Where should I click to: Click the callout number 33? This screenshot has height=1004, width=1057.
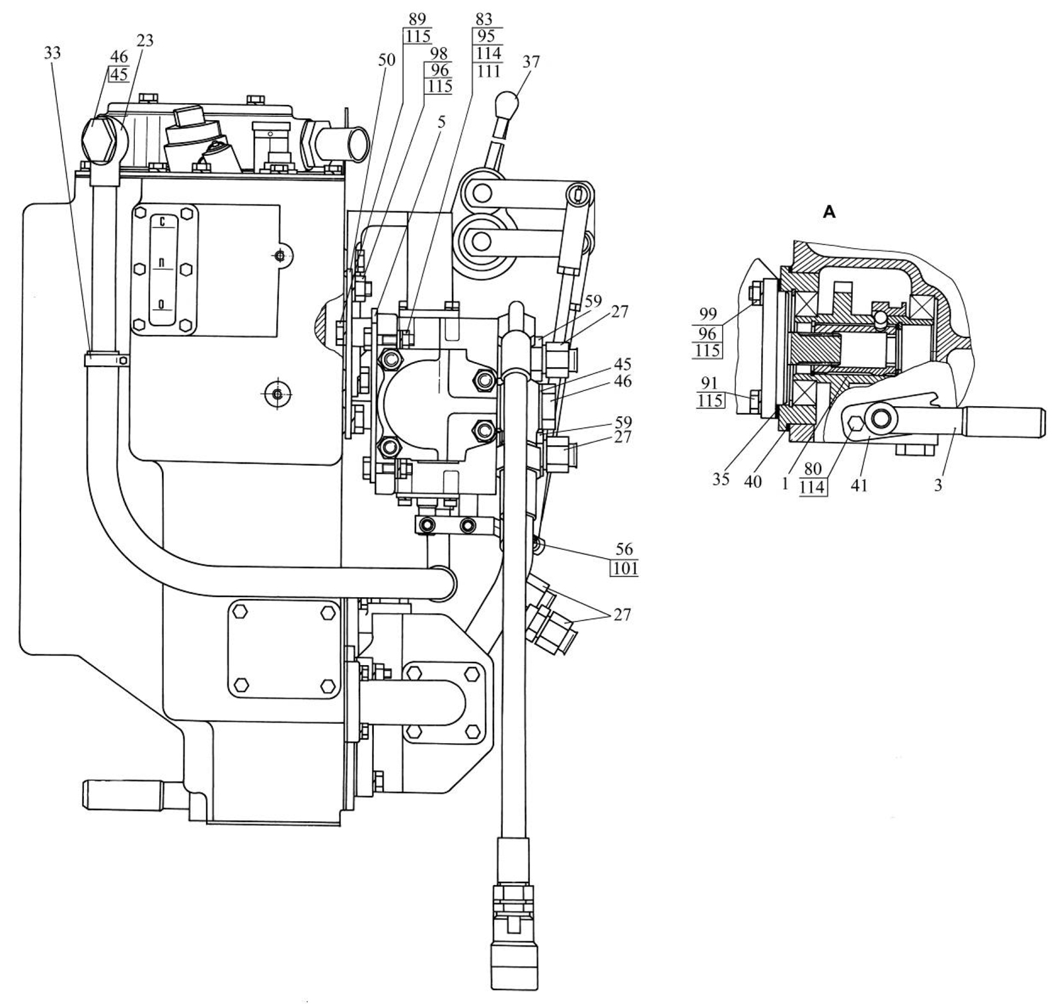click(x=52, y=52)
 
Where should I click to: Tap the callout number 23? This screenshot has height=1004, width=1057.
click(x=145, y=41)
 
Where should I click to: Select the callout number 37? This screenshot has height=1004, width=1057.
click(x=530, y=62)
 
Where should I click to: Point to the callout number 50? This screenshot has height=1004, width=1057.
click(x=386, y=60)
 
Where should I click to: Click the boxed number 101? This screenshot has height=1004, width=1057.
click(x=624, y=567)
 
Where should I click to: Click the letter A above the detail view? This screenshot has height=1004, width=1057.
click(x=829, y=212)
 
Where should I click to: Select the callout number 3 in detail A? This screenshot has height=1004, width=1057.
click(x=937, y=485)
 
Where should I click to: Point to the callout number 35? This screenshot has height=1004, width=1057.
click(x=721, y=479)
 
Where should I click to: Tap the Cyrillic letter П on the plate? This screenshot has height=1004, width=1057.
click(x=163, y=264)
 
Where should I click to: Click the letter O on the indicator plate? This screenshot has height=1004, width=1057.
click(x=162, y=305)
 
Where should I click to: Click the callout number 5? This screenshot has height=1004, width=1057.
click(x=441, y=122)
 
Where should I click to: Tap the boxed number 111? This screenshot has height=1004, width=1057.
click(x=488, y=71)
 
